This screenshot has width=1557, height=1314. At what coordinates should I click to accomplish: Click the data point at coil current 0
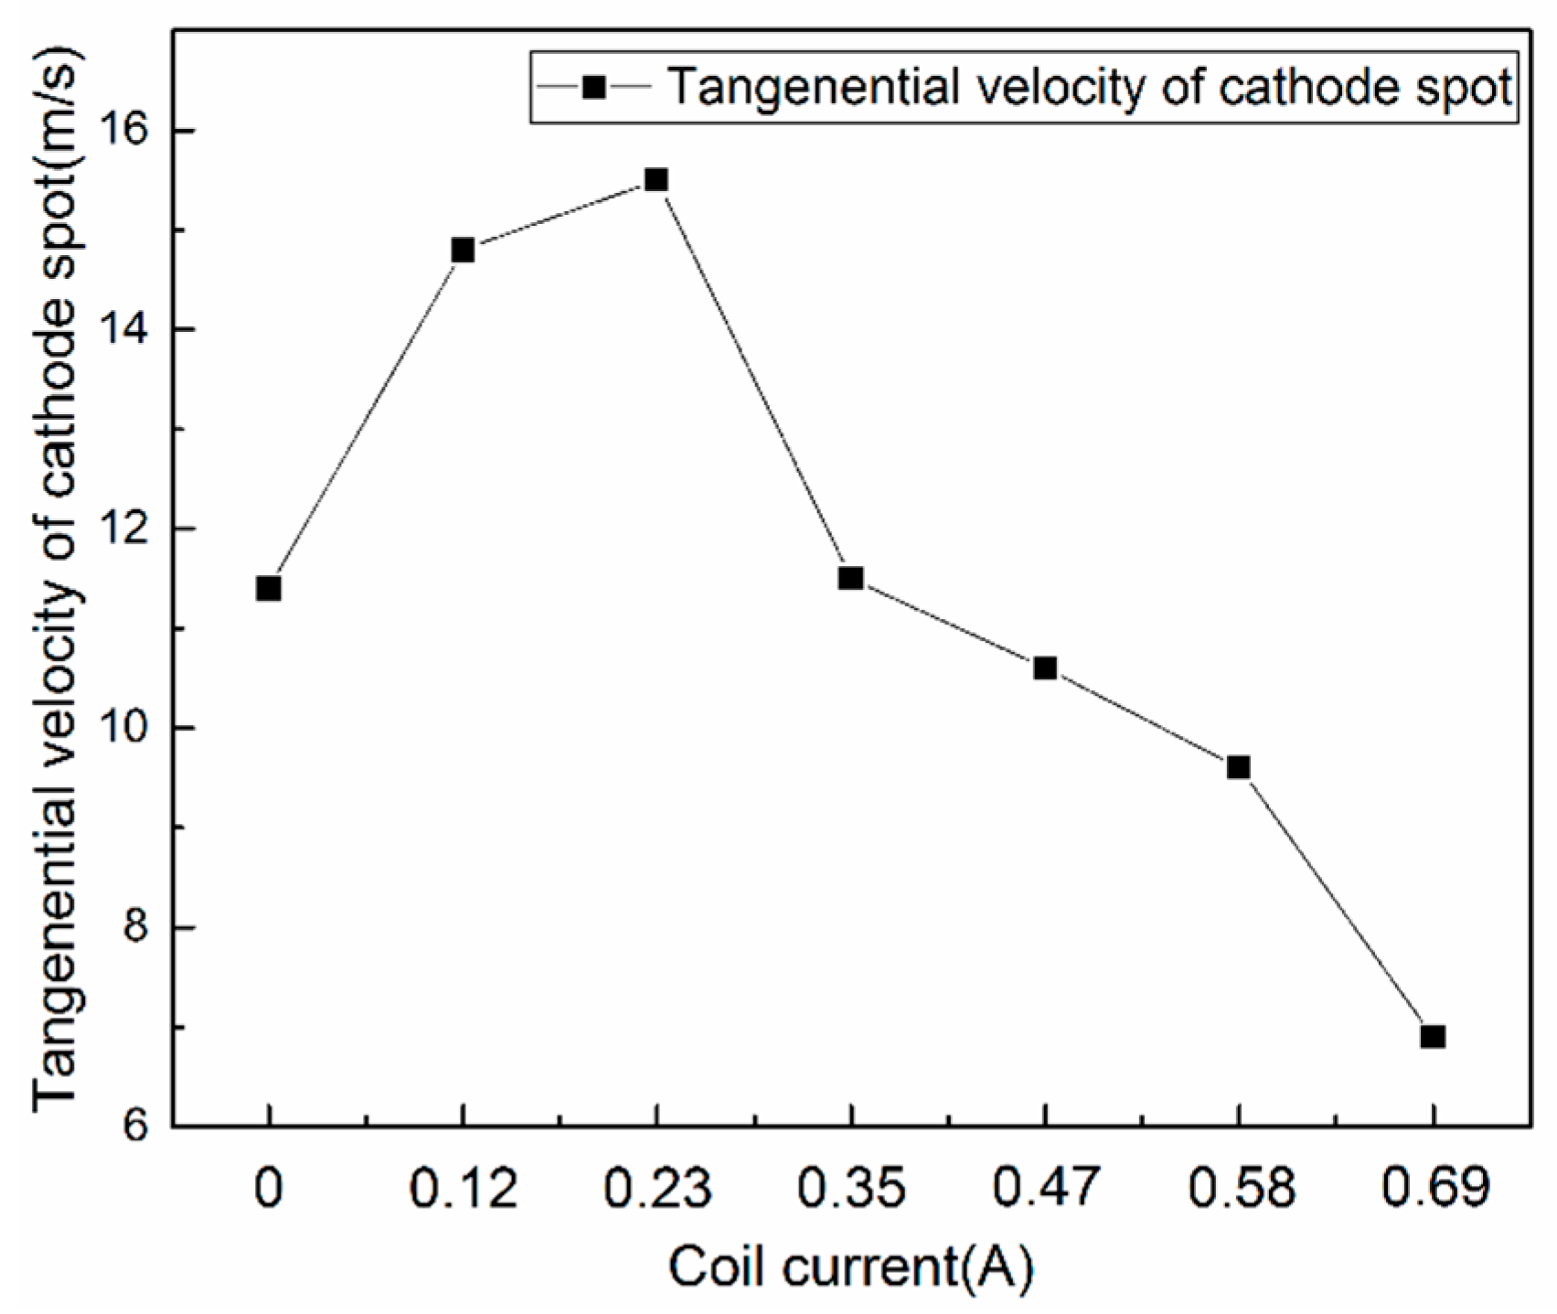(268, 588)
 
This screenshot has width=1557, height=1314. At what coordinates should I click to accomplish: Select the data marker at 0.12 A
(463, 250)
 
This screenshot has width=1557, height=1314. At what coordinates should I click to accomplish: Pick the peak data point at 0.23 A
(656, 179)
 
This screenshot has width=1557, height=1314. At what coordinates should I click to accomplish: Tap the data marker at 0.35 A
(850, 578)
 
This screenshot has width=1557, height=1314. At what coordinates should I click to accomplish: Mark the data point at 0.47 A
(1045, 668)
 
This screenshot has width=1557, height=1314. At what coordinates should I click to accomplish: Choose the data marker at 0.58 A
(1238, 767)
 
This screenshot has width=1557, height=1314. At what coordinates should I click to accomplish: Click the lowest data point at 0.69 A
(1433, 1036)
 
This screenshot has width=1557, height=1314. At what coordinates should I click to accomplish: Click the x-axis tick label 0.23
(656, 1189)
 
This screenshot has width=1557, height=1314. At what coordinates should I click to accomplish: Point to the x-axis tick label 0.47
(1045, 1189)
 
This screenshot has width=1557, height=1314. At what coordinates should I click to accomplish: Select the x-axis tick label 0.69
(1433, 1189)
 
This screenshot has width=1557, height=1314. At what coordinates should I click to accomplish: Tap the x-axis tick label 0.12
(463, 1189)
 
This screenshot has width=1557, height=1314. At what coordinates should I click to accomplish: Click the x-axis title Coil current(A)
(851, 1268)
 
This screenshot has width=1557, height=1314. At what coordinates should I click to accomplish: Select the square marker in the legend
(593, 88)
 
